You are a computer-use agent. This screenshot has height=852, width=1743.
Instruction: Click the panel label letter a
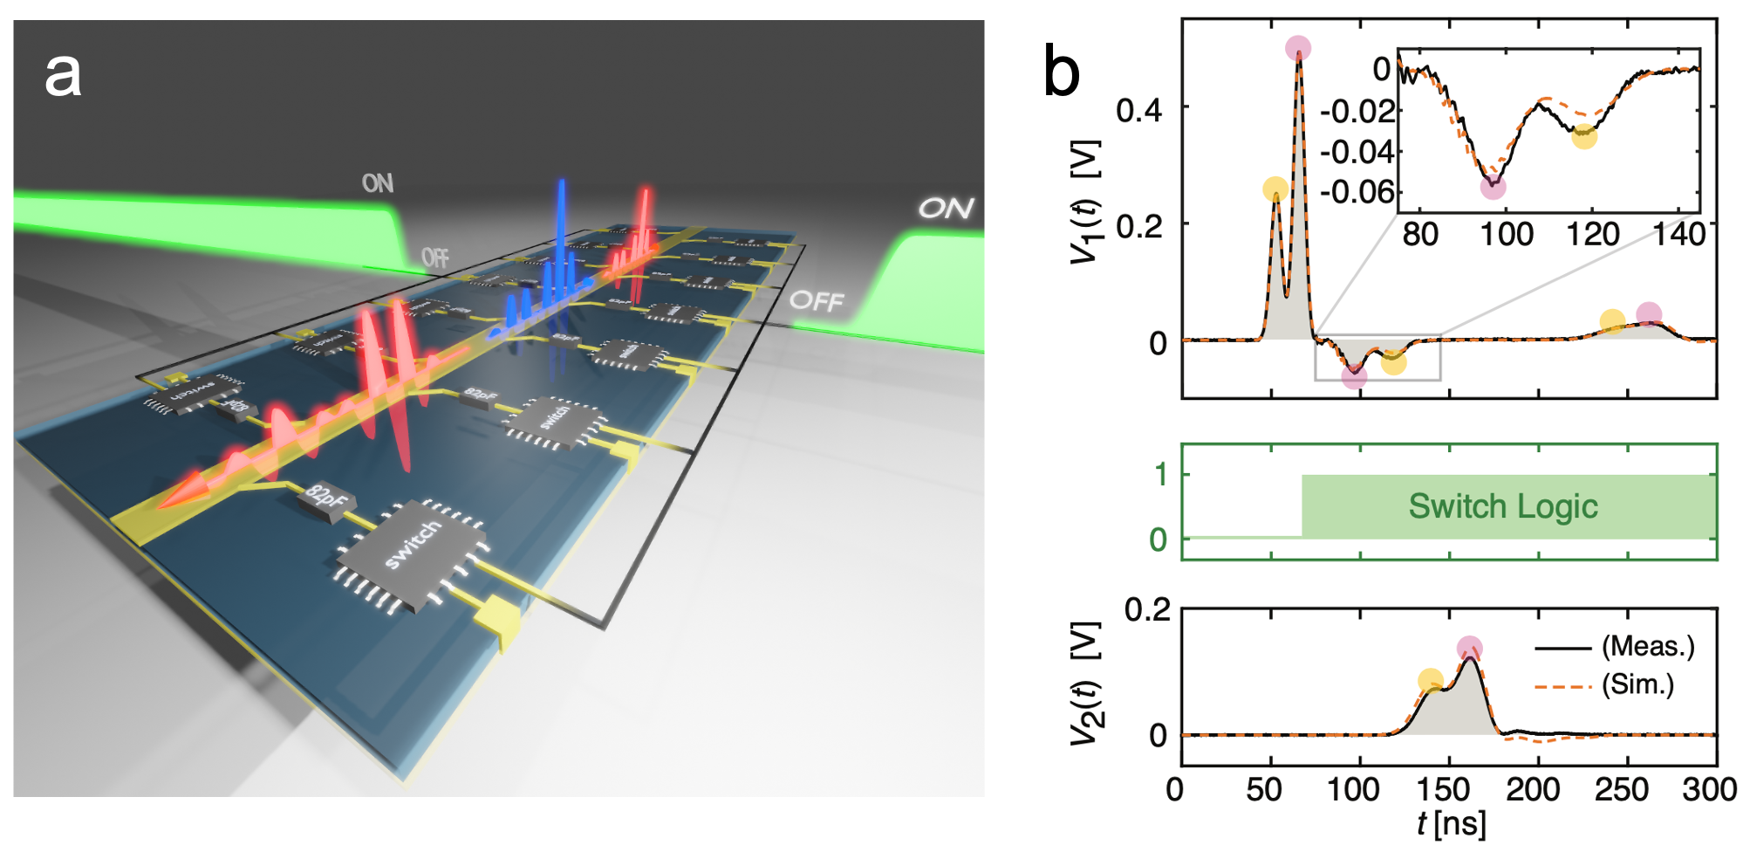pos(63,75)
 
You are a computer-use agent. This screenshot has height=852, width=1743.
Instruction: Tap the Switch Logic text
pos(1503,506)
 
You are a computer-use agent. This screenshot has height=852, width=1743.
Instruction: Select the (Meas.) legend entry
pos(1648,647)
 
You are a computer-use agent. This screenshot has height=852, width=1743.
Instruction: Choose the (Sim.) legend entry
pos(1638,685)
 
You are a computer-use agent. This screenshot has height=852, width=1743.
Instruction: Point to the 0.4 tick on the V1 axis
pos(1138,110)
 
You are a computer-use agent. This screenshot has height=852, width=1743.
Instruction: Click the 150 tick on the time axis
pos(1443,790)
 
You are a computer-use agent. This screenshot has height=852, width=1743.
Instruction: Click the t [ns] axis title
pos(1451,823)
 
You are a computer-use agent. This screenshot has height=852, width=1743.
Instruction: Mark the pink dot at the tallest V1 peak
pos(1298,48)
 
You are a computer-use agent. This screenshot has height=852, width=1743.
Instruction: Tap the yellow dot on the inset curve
pos(1584,136)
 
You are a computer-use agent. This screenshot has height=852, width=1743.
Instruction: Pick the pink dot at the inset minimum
pos(1493,186)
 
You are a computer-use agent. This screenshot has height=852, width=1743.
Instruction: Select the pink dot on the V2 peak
pos(1469,649)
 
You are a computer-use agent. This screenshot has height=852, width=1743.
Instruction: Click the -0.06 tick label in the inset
pos(1358,192)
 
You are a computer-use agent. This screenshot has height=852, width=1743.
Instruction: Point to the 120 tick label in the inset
pos(1593,234)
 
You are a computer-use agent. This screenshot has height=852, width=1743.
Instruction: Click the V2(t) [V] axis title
pos(1087,683)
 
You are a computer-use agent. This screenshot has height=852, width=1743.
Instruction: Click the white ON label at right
pos(946,209)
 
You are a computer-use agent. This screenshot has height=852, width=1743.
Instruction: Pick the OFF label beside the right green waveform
pos(817,301)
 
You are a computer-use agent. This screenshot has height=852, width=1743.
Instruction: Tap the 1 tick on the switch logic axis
pos(1160,475)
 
